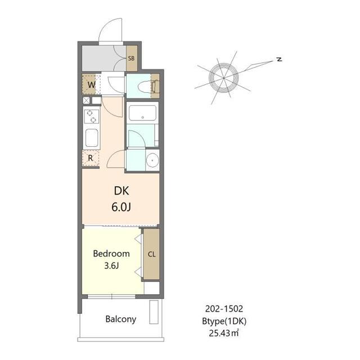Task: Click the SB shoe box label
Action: tap(131, 58)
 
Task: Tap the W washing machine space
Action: tap(89, 84)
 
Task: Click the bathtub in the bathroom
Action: tap(142, 113)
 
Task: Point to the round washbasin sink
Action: tap(152, 160)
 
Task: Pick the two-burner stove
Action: tap(91, 116)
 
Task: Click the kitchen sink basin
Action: tap(92, 138)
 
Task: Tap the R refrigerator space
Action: tap(91, 158)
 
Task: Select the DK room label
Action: tap(121, 191)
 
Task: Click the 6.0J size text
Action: tap(121, 207)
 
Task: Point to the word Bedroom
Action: tap(111, 254)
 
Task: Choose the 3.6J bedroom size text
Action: tap(111, 265)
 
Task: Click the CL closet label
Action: tap(152, 254)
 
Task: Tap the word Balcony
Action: tap(121, 319)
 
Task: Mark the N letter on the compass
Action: tap(279, 59)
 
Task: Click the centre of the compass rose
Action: tap(224, 78)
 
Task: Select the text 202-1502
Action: tap(224, 309)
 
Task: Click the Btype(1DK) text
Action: tap(224, 321)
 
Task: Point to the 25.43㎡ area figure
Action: tap(224, 332)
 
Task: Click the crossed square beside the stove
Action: tap(86, 100)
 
